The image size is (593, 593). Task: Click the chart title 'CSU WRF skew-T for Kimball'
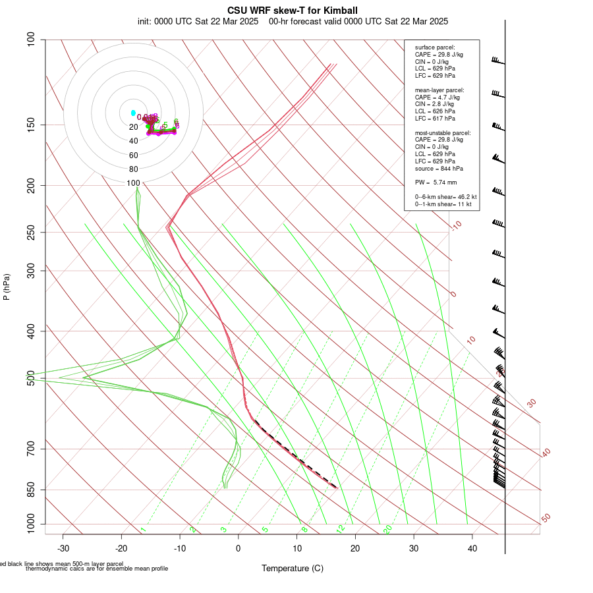(x=293, y=11)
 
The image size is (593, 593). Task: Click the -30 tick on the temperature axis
(x=63, y=548)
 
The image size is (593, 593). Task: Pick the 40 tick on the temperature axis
(x=472, y=548)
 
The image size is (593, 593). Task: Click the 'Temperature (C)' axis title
(x=293, y=568)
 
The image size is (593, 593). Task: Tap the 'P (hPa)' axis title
(x=7, y=287)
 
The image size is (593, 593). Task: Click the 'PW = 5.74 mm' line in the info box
(x=436, y=182)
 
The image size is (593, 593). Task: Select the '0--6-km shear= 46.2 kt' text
(x=446, y=196)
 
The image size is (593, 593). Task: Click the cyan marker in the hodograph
(x=133, y=113)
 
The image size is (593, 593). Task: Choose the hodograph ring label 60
(x=133, y=155)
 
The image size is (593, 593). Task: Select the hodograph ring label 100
(x=133, y=183)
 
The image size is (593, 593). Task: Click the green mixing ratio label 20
(x=387, y=529)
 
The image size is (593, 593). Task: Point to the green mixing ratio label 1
(x=143, y=529)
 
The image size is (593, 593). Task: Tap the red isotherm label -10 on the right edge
(x=455, y=226)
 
